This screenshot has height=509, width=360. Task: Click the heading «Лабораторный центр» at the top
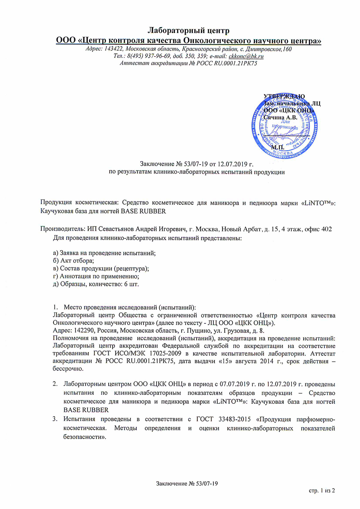pyautogui.click(x=188, y=31)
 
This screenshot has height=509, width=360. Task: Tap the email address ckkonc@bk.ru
pyautogui.click(x=246, y=56)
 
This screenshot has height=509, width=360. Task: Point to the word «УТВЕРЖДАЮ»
pyautogui.click(x=284, y=96)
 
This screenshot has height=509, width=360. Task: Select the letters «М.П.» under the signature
pyautogui.click(x=277, y=148)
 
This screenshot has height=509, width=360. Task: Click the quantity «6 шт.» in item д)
pyautogui.click(x=131, y=284)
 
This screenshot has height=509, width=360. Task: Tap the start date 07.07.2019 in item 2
pyautogui.click(x=235, y=384)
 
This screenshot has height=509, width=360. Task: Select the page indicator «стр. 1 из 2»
pyautogui.click(x=322, y=490)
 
